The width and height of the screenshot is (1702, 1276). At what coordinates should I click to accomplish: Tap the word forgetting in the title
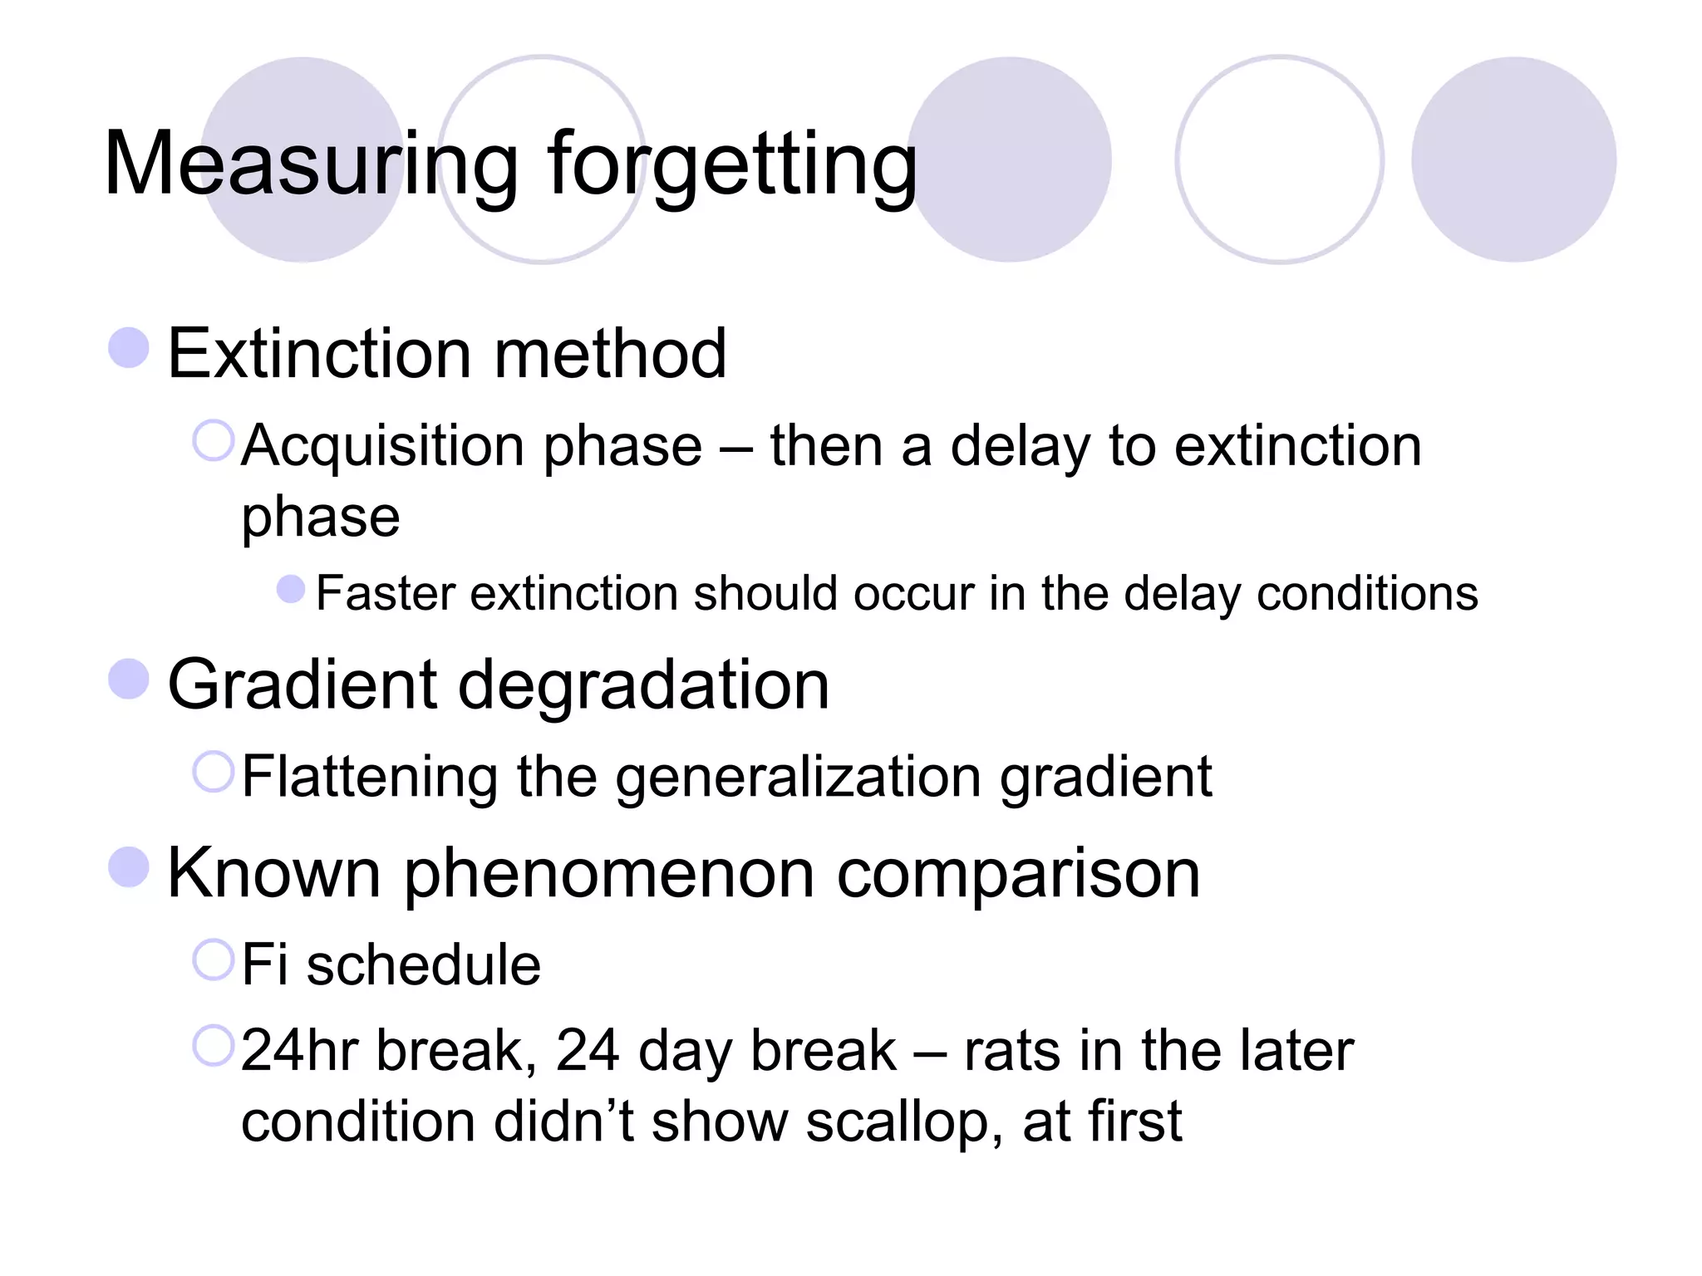pyautogui.click(x=731, y=164)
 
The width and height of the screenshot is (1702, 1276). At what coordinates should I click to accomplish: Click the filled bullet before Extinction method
pyautogui.click(x=129, y=347)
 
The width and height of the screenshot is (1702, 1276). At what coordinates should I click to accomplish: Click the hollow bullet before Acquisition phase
pyautogui.click(x=214, y=440)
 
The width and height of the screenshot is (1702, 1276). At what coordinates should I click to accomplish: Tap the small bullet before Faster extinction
pyautogui.click(x=290, y=590)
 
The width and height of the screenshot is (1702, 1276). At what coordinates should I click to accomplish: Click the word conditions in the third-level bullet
pyautogui.click(x=1367, y=593)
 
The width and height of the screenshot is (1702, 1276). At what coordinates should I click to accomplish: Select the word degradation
pyautogui.click(x=643, y=685)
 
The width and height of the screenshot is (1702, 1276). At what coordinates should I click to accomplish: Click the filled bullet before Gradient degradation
pyautogui.click(x=129, y=679)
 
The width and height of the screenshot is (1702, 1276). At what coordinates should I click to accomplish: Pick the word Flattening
pyautogui.click(x=370, y=778)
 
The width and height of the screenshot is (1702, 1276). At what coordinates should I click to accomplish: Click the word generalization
pyautogui.click(x=798, y=778)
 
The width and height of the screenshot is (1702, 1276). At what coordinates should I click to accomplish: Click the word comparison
pyautogui.click(x=1018, y=873)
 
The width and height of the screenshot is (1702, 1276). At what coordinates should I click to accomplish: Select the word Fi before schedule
pyautogui.click(x=264, y=964)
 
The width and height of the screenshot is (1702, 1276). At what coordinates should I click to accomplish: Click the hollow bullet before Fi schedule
pyautogui.click(x=214, y=959)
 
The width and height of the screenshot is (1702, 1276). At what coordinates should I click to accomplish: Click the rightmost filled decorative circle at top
pyautogui.click(x=1513, y=159)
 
